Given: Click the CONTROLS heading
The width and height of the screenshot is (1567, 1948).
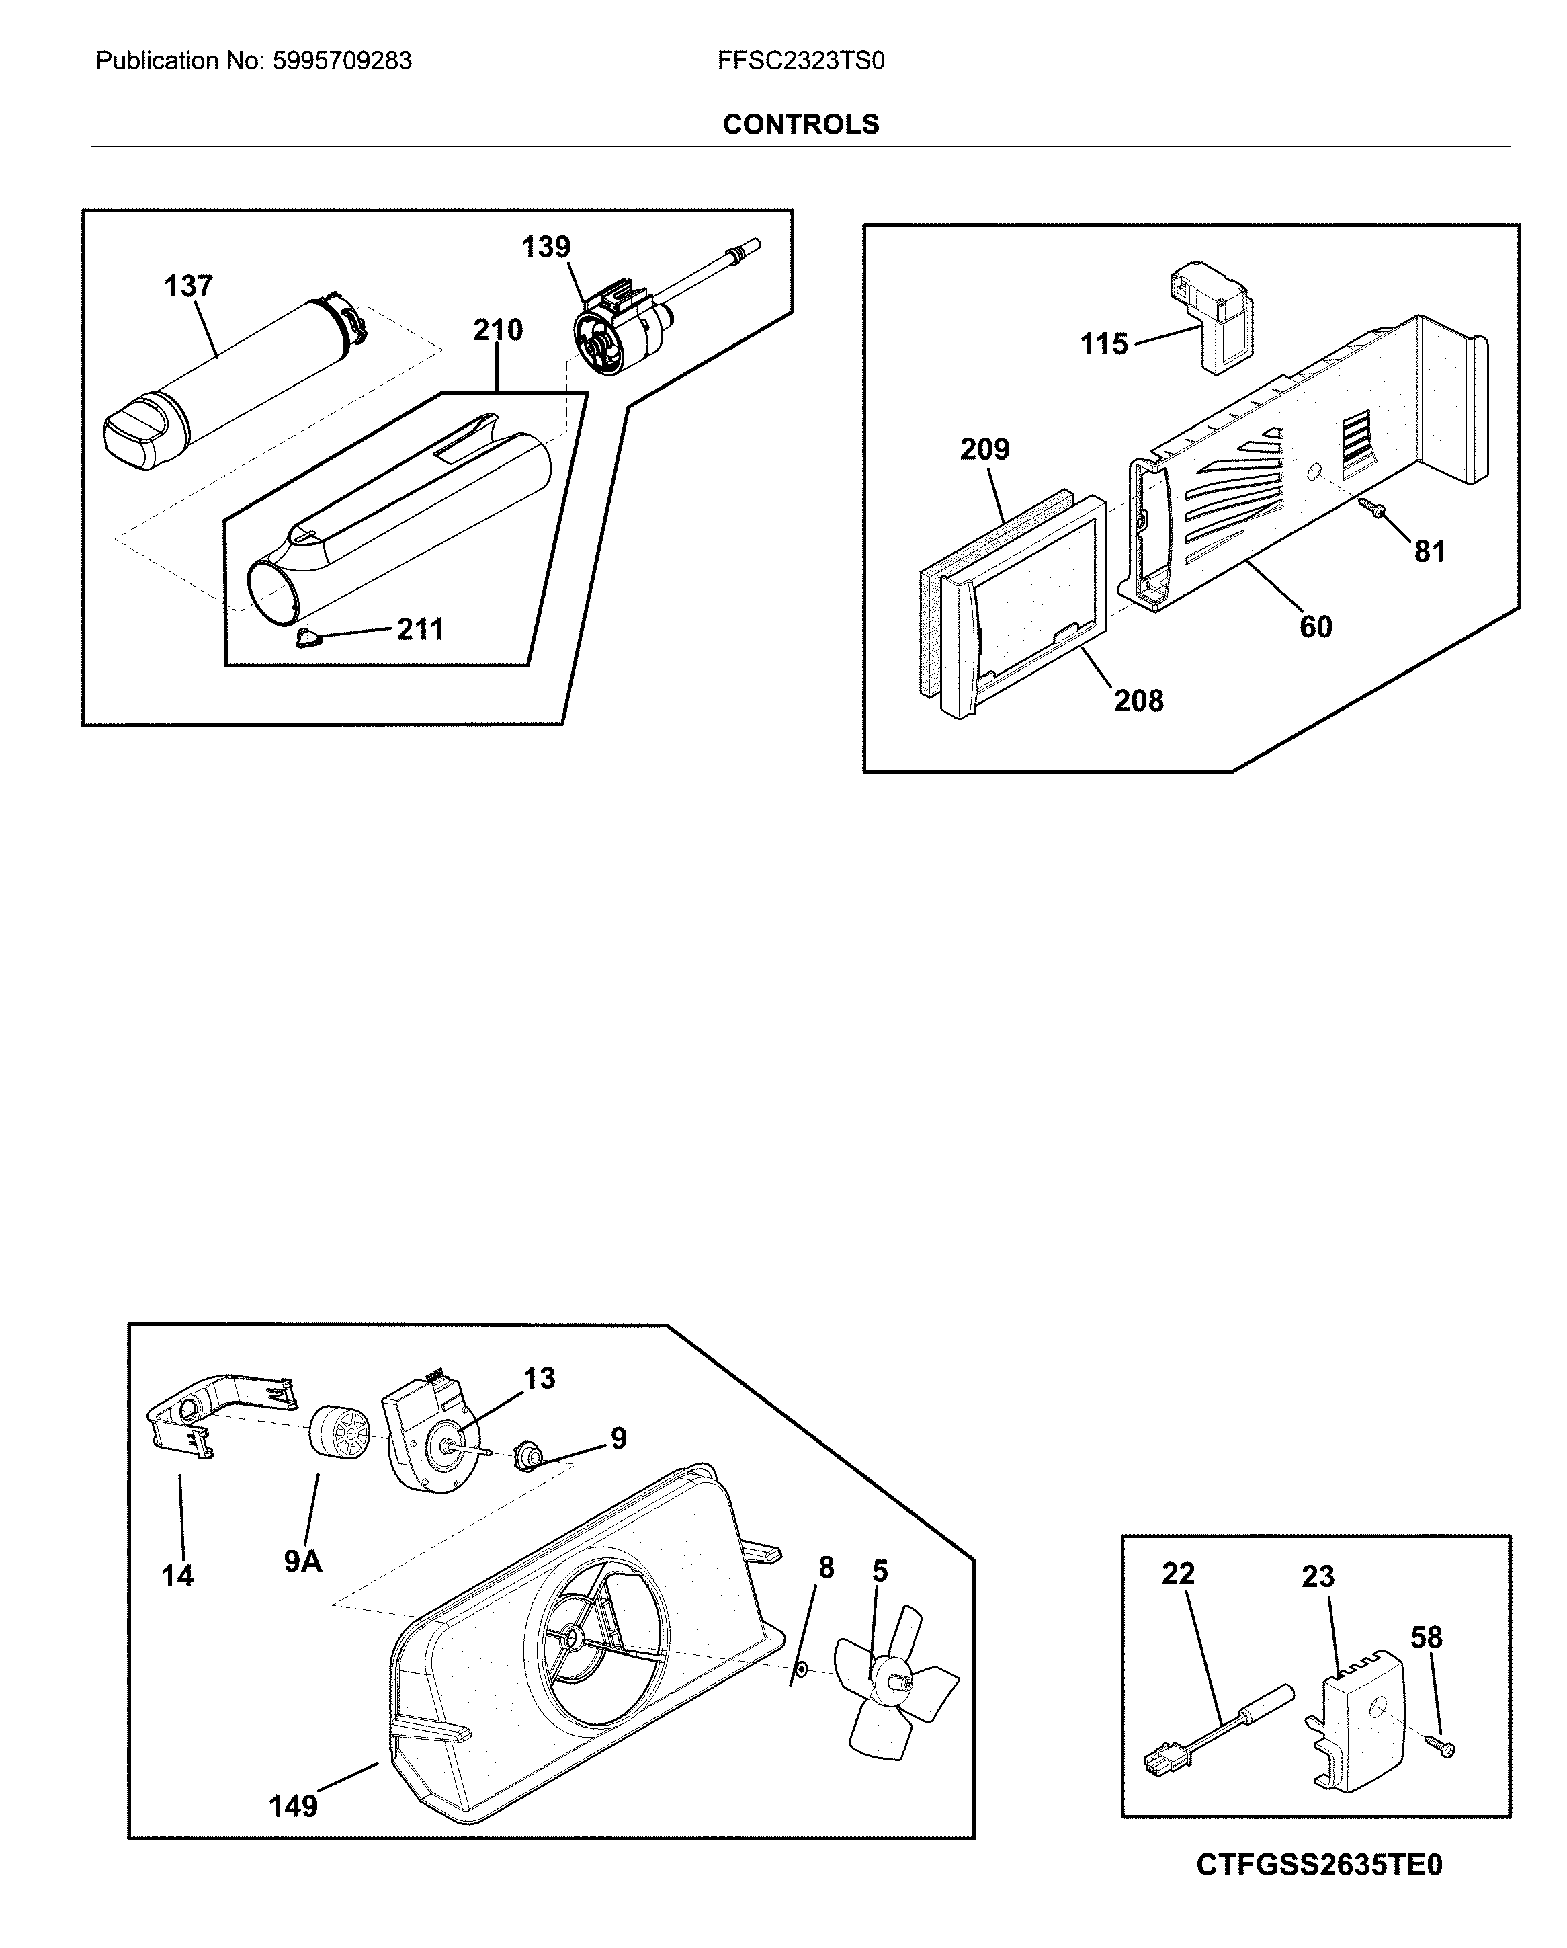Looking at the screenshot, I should (800, 124).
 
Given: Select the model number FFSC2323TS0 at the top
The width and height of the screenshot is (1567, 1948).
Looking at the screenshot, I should (800, 60).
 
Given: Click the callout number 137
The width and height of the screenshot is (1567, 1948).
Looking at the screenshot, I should (188, 286).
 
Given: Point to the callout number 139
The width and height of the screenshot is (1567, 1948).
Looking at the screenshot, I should (546, 247).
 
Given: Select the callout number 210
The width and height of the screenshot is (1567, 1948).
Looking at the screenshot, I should (498, 330).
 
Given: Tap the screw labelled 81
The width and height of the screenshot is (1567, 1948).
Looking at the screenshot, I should (1375, 510).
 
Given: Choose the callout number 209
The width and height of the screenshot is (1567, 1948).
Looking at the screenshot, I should (984, 449).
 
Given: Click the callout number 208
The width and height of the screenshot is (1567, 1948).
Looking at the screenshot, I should (1138, 700).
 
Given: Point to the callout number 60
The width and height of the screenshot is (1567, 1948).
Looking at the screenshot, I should (1315, 626).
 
